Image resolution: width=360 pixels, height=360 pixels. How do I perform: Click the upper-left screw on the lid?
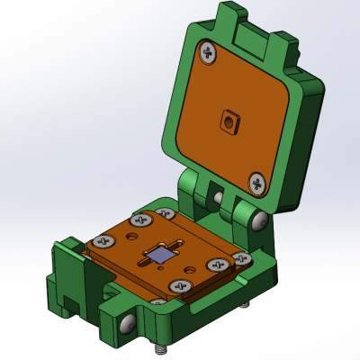(209, 54)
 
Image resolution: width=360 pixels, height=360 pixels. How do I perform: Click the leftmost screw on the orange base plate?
(101, 242)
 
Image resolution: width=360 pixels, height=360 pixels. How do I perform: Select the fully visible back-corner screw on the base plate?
(141, 219)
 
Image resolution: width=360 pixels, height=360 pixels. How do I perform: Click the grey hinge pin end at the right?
(259, 220)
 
